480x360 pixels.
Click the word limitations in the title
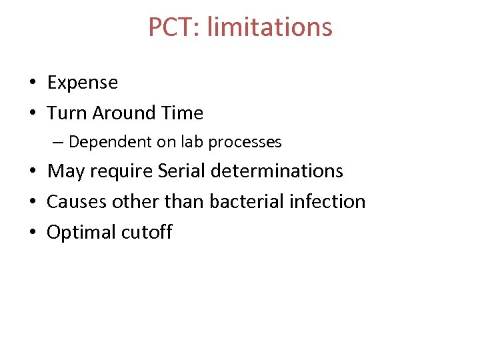(270, 27)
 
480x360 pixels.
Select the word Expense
(82, 83)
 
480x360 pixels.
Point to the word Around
(120, 113)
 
